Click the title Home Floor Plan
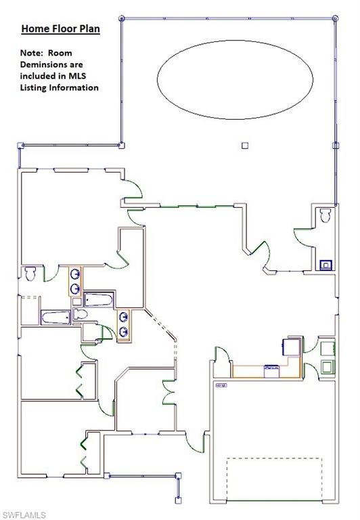pos(60,29)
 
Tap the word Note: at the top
pos(31,53)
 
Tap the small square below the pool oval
pos(245,144)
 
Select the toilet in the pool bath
pos(324,216)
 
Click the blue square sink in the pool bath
pos(326,265)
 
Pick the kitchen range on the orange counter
pos(273,370)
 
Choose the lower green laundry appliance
pos(328,367)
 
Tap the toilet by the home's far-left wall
pos(30,275)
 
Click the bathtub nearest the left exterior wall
pos(55,318)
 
